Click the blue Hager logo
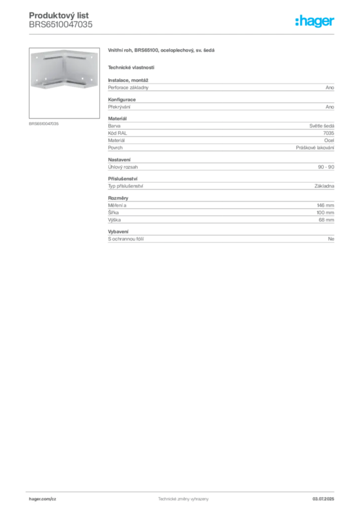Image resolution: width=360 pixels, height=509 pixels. click(x=315, y=22)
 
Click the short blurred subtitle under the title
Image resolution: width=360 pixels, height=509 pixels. click(x=131, y=67)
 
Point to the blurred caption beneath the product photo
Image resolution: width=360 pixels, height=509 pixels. click(x=44, y=124)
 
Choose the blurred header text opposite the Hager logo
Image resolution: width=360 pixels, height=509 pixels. click(x=61, y=19)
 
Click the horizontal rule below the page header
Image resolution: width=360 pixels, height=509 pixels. click(x=183, y=34)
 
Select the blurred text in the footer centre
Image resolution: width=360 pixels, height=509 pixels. click(x=181, y=498)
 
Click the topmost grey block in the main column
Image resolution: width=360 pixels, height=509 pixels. click(x=220, y=87)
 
